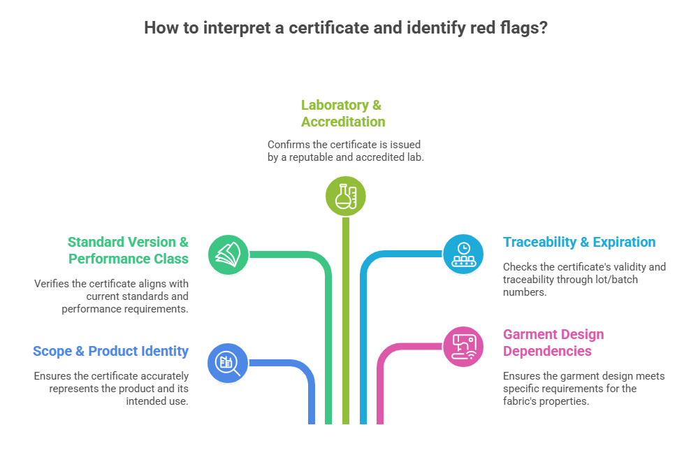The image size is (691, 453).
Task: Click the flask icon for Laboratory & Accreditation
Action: coord(345,195)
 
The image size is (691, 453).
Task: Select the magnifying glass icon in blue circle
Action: coord(227,363)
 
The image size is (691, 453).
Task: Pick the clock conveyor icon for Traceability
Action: coord(463,253)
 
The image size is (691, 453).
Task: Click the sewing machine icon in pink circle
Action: coord(463,346)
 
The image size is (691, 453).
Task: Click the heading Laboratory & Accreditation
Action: coord(342,113)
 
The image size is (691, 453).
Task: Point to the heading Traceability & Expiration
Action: coord(579,243)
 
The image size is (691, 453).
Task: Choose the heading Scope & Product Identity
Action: coord(110,351)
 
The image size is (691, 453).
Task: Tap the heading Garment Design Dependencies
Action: coord(553,343)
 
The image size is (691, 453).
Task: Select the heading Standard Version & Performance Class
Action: coord(128,250)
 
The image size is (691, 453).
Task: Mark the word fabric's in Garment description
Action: coord(523,401)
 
